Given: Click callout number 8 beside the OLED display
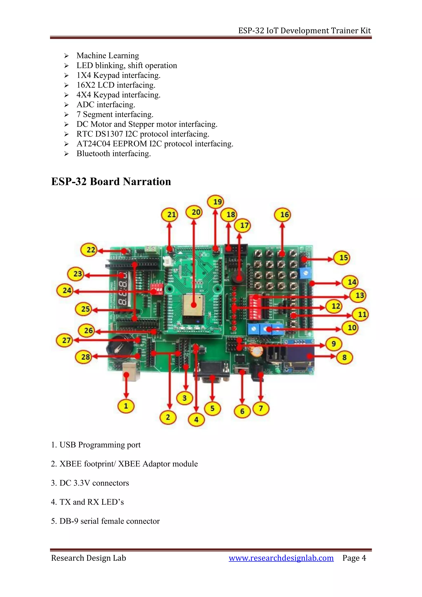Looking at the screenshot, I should pyautogui.click(x=344, y=357).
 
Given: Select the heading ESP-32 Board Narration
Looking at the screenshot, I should pyautogui.click(x=111, y=181).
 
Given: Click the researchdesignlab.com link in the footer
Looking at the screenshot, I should pyautogui.click(x=281, y=558).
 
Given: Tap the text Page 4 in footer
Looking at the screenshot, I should pyautogui.click(x=354, y=558).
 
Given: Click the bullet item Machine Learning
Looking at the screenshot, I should pyautogui.click(x=108, y=56).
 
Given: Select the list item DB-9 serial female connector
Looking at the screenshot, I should pyautogui.click(x=109, y=521).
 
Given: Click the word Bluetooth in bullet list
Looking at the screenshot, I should pyautogui.click(x=93, y=154).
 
